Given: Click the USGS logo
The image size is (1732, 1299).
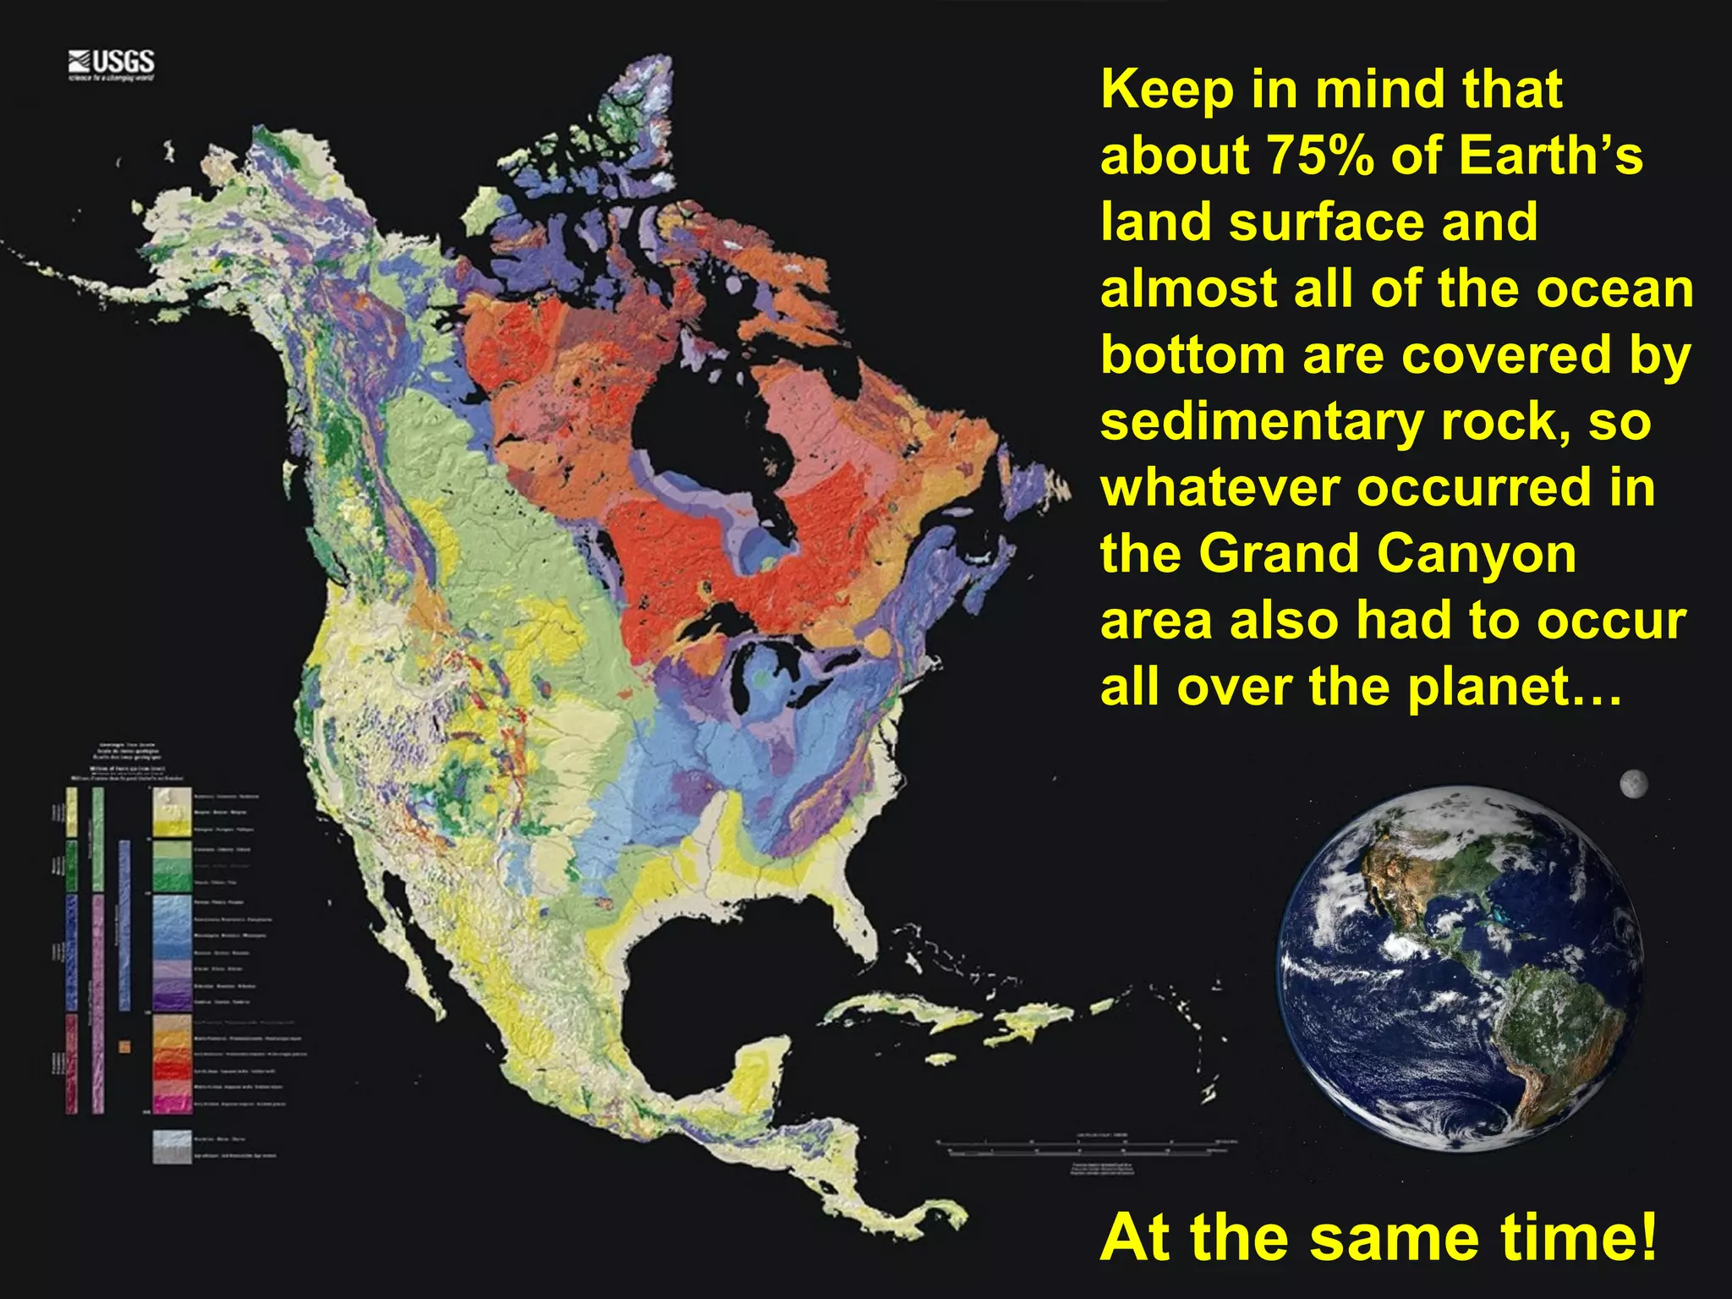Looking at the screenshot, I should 112,64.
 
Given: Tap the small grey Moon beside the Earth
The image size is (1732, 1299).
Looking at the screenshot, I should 1633,784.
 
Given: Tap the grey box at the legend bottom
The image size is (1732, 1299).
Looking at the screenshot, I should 172,1147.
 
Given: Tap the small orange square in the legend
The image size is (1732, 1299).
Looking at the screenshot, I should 125,1046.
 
